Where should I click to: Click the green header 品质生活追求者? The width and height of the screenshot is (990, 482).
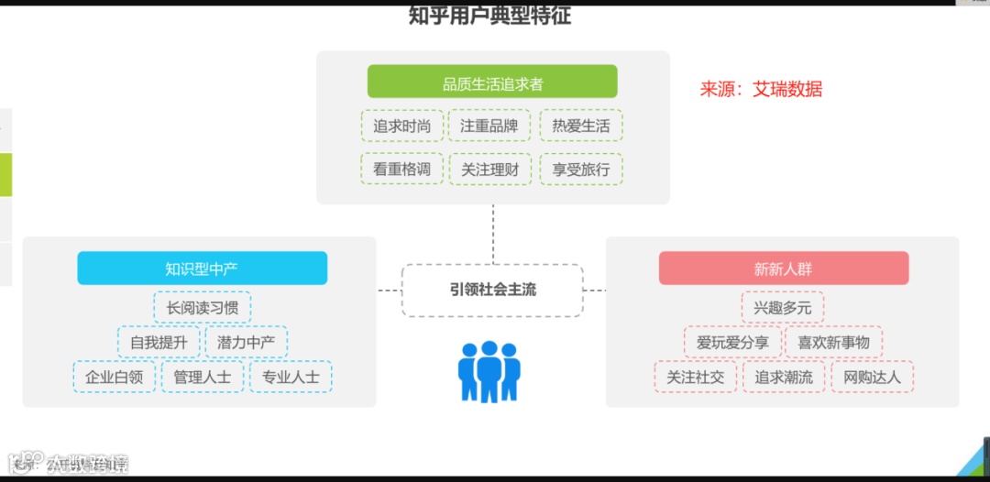(x=492, y=82)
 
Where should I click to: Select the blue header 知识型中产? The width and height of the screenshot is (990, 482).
(x=202, y=268)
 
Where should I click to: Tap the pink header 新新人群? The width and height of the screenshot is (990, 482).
(x=783, y=268)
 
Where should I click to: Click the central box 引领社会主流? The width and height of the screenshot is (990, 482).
(x=492, y=290)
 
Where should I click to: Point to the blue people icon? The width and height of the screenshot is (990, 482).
(x=489, y=371)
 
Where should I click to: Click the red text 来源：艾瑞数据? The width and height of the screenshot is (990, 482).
(x=761, y=89)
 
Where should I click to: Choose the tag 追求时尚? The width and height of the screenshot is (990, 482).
(x=401, y=126)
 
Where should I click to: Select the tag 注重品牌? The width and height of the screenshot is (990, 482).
(x=489, y=126)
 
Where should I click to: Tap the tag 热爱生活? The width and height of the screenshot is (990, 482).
(x=580, y=126)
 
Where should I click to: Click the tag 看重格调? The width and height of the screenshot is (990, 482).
(x=401, y=169)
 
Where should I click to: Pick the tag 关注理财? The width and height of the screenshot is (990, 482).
(x=489, y=169)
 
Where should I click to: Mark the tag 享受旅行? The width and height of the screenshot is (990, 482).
(x=580, y=169)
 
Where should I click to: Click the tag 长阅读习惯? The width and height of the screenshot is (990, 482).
(x=202, y=308)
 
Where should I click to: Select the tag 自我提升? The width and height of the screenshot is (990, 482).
(x=159, y=343)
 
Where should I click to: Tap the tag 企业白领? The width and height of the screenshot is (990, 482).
(x=115, y=377)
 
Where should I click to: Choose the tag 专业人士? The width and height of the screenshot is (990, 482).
(x=291, y=377)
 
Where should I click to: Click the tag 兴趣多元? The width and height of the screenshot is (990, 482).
(x=783, y=308)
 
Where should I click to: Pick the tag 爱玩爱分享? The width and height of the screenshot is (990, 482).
(x=732, y=343)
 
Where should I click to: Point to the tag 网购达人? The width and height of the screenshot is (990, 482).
(x=872, y=377)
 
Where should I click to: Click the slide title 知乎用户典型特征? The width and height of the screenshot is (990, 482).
(x=490, y=16)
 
